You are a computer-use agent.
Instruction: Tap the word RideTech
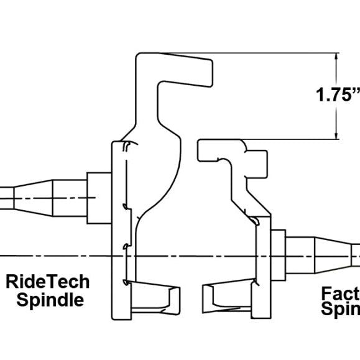click(47, 282)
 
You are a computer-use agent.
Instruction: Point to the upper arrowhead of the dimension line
click(336, 58)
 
